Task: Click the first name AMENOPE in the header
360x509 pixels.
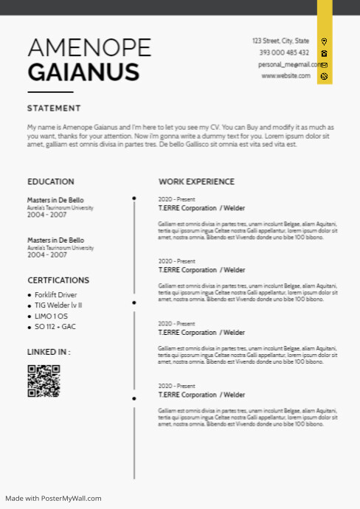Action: [89, 48]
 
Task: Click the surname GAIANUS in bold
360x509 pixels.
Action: [83, 72]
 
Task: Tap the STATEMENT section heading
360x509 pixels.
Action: [54, 108]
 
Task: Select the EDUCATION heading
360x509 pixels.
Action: [51, 181]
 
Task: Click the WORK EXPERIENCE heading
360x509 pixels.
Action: [196, 181]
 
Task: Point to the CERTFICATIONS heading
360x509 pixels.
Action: [58, 280]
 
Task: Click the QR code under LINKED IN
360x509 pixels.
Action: [44, 381]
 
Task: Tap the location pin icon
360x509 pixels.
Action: [324, 42]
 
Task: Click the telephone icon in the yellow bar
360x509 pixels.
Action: [324, 53]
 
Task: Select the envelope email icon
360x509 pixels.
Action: [324, 65]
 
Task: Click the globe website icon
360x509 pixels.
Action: [324, 76]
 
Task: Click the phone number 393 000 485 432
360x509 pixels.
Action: [284, 53]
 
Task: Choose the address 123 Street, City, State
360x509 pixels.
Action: [280, 41]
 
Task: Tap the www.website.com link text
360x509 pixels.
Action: [285, 76]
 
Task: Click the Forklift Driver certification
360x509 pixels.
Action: [55, 295]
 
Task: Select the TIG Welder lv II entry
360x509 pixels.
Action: [58, 305]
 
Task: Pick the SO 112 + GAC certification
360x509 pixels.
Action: [55, 327]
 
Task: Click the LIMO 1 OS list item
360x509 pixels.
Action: [51, 316]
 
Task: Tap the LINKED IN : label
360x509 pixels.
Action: [49, 352]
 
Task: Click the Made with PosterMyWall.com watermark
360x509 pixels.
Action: [53, 499]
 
